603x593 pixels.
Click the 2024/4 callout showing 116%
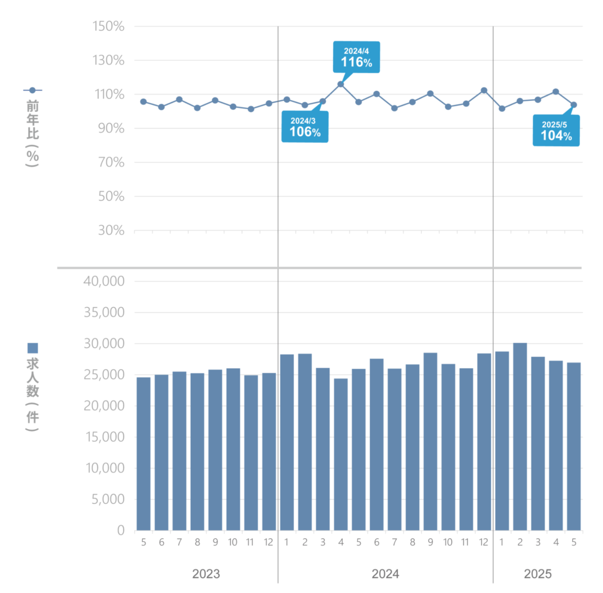(356, 57)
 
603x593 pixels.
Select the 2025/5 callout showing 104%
(556, 130)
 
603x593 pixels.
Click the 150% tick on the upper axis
(109, 27)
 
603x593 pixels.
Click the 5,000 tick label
(105, 499)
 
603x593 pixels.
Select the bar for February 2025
(520, 436)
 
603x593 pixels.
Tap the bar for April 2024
(340, 454)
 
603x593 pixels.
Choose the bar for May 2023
(144, 454)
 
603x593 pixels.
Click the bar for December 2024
(484, 442)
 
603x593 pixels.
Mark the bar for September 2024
(430, 442)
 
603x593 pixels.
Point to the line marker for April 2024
(340, 84)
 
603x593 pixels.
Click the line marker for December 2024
(484, 90)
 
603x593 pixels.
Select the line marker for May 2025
(574, 105)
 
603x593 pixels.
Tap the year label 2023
(206, 574)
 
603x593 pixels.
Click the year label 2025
(538, 574)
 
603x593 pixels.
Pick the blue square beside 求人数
(33, 348)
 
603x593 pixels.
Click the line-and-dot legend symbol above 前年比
(32, 90)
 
